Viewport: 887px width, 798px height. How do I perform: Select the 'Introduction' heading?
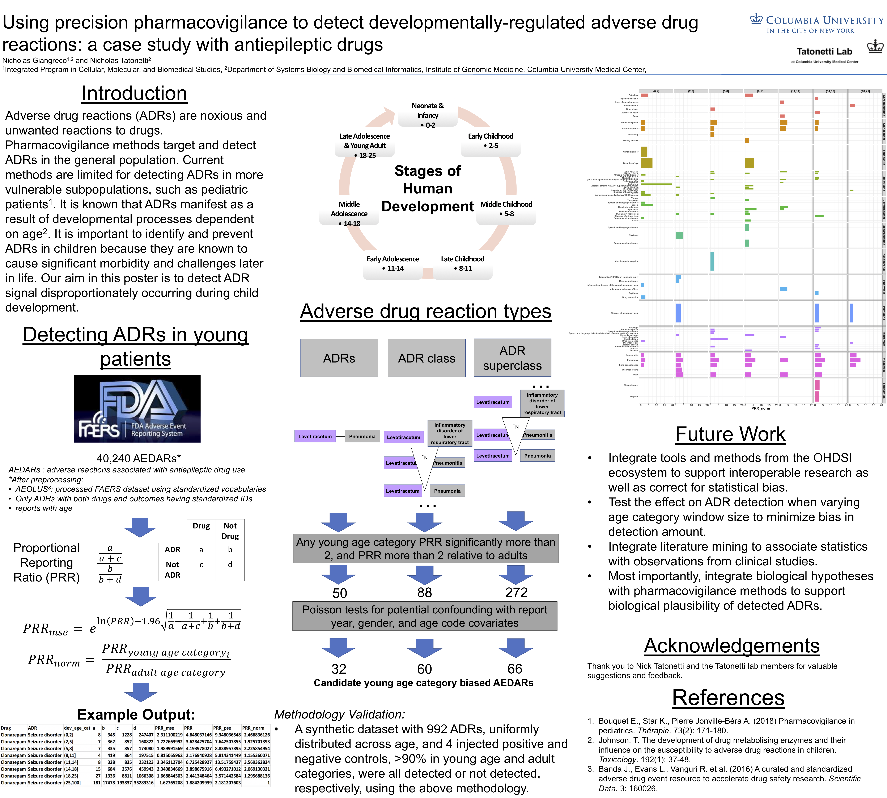(134, 93)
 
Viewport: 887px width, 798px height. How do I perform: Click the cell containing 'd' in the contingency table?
(230, 565)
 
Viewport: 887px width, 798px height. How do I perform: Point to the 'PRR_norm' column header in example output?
(253, 728)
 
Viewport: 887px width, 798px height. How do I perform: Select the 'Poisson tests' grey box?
(425, 616)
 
